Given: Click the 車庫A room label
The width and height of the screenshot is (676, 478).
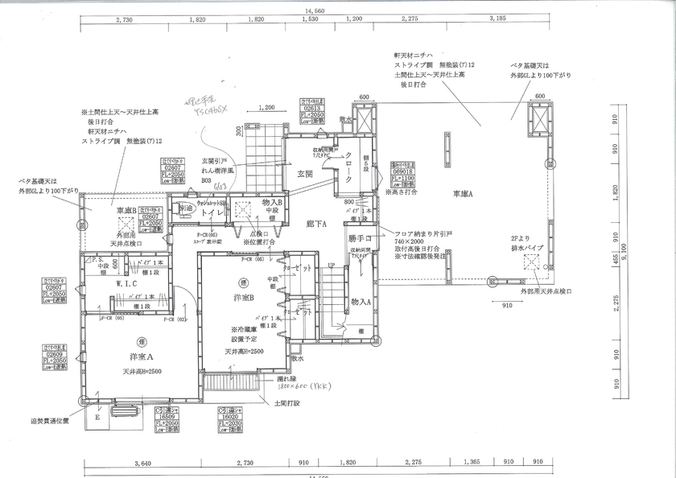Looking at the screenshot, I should (x=460, y=194).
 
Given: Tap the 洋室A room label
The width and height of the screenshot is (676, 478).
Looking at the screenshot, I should (x=140, y=356).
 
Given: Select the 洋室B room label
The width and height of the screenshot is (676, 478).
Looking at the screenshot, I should (x=242, y=298).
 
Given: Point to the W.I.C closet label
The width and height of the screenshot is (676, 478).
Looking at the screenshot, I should (x=129, y=283).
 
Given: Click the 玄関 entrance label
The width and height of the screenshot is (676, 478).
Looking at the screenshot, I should (x=304, y=173).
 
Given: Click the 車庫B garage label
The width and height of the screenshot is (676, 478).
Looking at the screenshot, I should (x=127, y=210).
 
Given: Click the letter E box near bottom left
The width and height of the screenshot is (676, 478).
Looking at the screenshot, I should (x=97, y=417).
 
